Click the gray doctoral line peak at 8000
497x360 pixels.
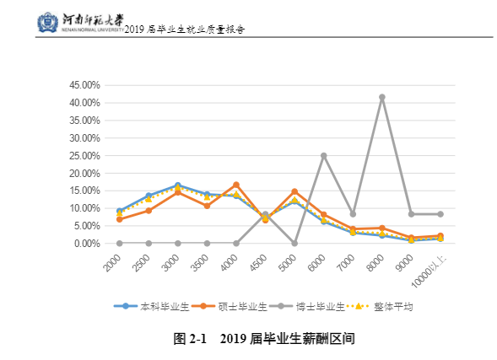(381, 97)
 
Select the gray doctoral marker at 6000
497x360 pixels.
(323, 155)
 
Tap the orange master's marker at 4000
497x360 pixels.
(236, 185)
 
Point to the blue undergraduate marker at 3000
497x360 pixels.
(178, 185)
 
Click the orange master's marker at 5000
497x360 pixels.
(294, 191)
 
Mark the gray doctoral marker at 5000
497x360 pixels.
(294, 243)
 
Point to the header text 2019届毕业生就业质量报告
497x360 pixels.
(184, 29)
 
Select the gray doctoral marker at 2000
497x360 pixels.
(120, 243)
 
